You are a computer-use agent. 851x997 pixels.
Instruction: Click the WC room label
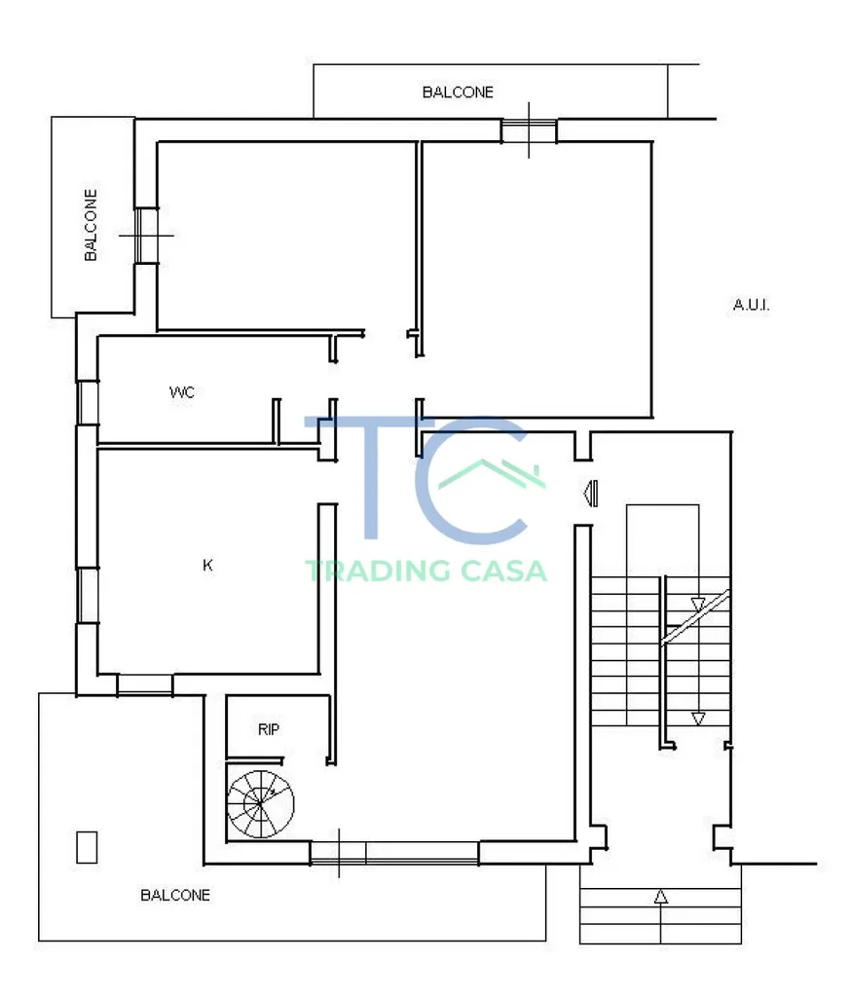point(182,392)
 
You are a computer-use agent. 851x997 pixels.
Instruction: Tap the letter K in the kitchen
point(207,565)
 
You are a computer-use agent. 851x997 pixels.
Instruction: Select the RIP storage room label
point(269,729)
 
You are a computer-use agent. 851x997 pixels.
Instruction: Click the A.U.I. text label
point(751,305)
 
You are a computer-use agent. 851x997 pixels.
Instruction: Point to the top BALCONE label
point(458,92)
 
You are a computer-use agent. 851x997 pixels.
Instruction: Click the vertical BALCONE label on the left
point(91,225)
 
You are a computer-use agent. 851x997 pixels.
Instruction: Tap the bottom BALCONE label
point(175,896)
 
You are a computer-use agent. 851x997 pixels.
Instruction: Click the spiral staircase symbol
point(261,804)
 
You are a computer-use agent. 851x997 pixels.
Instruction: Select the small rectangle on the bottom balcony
point(87,848)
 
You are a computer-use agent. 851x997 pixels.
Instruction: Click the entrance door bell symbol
point(591,494)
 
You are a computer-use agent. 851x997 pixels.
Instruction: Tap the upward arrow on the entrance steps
point(661,897)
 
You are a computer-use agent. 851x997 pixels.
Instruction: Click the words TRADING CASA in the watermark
point(426,571)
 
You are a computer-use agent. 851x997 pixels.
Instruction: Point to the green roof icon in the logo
point(492,474)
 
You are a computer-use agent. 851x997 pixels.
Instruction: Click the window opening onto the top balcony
point(529,131)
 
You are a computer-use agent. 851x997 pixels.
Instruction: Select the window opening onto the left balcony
point(146,236)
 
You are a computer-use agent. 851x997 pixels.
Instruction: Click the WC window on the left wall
point(88,402)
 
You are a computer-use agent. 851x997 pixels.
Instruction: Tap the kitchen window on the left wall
point(88,595)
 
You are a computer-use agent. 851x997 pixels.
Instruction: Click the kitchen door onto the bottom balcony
point(145,684)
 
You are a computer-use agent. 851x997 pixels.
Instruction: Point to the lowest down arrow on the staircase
point(698,720)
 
